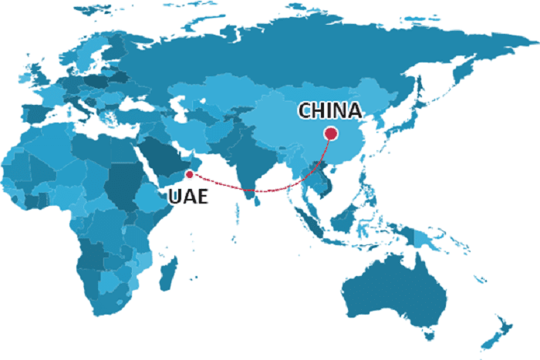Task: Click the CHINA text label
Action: [330, 111]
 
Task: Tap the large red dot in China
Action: [331, 133]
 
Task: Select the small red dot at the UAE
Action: [189, 175]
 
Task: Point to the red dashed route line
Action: [255, 189]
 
